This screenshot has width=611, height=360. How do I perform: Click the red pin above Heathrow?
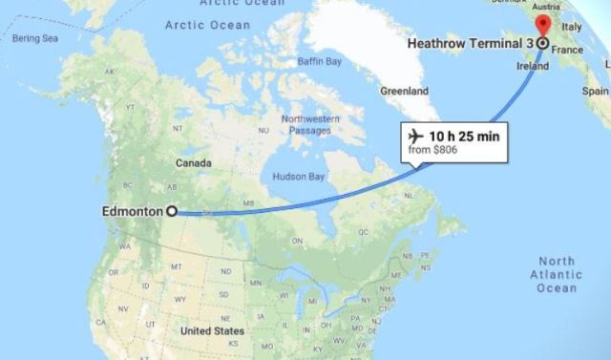tap(542, 24)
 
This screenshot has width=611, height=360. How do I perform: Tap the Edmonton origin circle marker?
tap(172, 211)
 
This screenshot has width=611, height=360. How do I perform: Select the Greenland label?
tap(405, 92)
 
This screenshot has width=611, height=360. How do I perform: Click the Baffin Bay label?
tap(320, 62)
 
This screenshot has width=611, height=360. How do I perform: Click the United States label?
tap(212, 331)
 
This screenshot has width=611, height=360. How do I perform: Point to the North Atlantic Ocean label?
tap(557, 275)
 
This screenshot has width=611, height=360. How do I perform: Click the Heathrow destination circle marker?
tap(542, 44)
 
